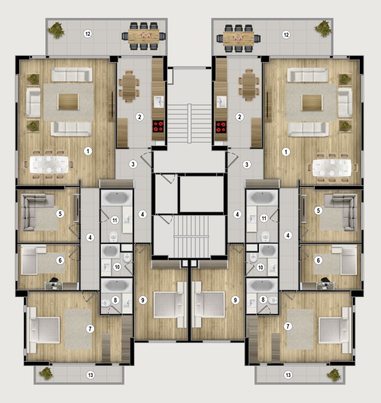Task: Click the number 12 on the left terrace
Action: tap(87, 34)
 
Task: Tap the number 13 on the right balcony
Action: tap(288, 374)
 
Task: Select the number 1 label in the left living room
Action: tap(87, 151)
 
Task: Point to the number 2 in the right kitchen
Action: tap(240, 117)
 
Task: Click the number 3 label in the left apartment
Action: tap(133, 164)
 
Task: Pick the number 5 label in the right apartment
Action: tap(318, 211)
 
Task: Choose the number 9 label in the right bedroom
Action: tap(235, 300)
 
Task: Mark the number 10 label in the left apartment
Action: tap(117, 266)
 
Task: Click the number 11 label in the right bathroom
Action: tap(264, 218)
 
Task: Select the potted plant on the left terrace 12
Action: tap(57, 31)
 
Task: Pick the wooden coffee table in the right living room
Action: tap(310, 103)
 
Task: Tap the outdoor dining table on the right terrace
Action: tap(238, 38)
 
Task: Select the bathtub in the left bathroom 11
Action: tap(116, 198)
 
